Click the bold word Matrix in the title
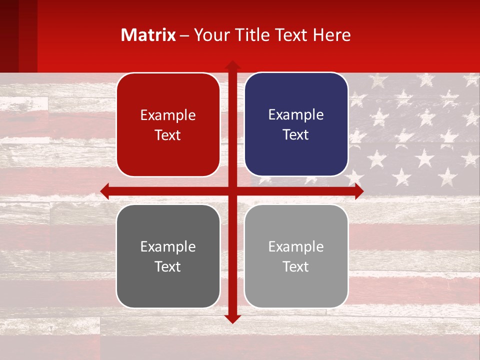(x=148, y=35)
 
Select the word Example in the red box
(x=168, y=115)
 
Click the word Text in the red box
(x=168, y=135)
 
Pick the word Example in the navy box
(x=296, y=115)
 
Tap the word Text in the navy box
(x=296, y=135)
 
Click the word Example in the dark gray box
(x=168, y=246)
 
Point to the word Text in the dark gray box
(x=168, y=266)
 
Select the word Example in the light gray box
(x=296, y=246)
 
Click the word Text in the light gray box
(x=296, y=266)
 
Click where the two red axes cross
(x=232, y=191)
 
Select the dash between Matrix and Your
(x=184, y=35)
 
